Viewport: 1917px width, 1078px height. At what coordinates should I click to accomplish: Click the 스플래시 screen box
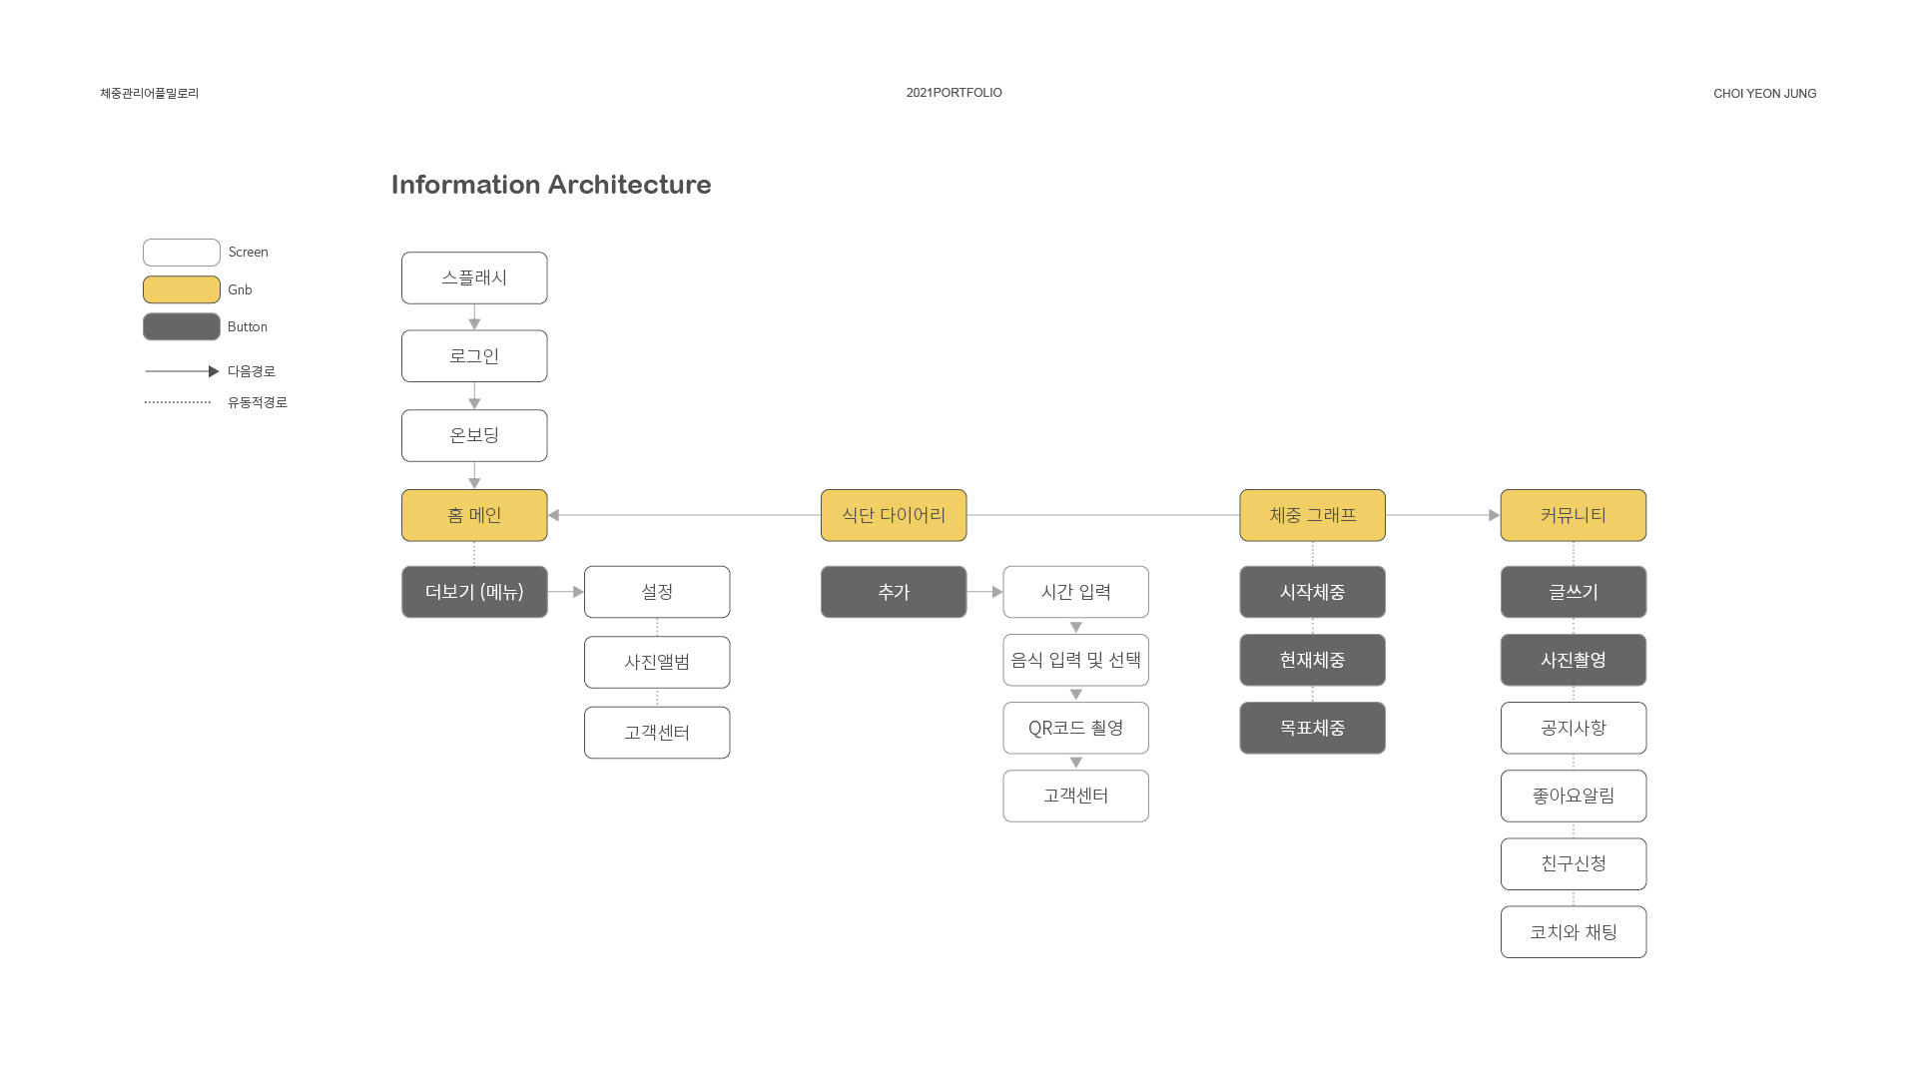474,277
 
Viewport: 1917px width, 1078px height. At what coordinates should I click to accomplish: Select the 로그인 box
474,356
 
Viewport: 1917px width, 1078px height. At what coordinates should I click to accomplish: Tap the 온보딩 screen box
474,435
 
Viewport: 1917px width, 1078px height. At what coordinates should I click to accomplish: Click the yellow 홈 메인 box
474,515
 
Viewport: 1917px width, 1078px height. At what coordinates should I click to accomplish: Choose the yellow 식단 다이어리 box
894,515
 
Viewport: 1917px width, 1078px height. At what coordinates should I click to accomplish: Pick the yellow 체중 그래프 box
1312,515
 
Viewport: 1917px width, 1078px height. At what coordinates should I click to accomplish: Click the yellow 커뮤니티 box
1574,515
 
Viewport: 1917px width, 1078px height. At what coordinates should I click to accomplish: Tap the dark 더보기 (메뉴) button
474,592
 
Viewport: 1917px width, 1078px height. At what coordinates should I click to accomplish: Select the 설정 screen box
657,592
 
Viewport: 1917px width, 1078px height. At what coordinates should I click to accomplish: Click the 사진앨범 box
657,662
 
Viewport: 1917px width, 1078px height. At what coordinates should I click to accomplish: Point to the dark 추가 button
894,592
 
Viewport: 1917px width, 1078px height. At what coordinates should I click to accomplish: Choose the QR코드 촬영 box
1076,728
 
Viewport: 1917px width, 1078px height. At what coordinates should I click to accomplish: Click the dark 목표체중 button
1312,728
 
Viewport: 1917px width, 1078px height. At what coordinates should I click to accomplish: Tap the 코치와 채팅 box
1574,932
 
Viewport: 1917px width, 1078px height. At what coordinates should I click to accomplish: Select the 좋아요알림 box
1574,796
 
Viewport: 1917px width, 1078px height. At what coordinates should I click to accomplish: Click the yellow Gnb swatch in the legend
182,289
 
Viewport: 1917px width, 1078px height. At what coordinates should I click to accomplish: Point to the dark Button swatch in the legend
182,326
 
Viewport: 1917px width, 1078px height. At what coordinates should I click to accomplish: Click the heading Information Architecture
551,185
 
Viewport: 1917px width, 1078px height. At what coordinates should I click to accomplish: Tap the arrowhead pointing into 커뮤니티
1495,515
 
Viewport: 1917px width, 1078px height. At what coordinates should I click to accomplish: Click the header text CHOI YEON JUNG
1765,94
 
